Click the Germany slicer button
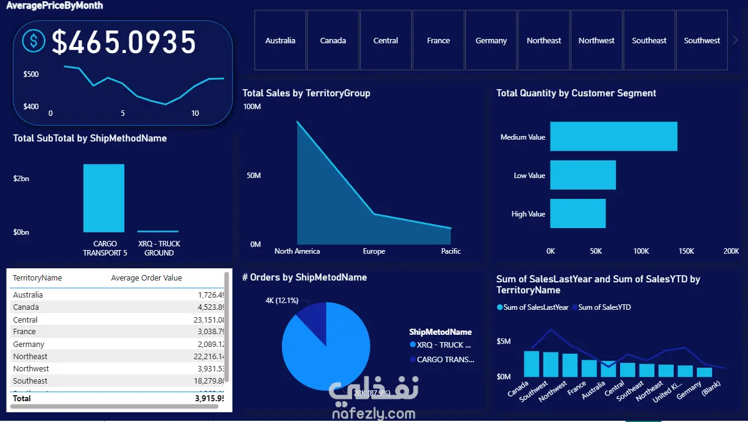tap(491, 40)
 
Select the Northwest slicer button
tap(596, 40)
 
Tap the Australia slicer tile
tap(280, 40)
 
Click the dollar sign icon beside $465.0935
tap(34, 41)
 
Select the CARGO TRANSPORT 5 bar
tap(104, 198)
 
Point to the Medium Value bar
tap(613, 137)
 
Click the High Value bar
tap(577, 213)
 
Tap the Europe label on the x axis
tap(374, 251)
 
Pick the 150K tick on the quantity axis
tap(686, 251)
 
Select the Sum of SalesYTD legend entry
tap(604, 307)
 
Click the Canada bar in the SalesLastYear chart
tap(531, 363)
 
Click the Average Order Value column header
tap(146, 278)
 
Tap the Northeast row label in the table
tap(30, 356)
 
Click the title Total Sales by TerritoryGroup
tap(306, 93)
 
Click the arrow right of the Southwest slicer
tap(735, 40)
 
